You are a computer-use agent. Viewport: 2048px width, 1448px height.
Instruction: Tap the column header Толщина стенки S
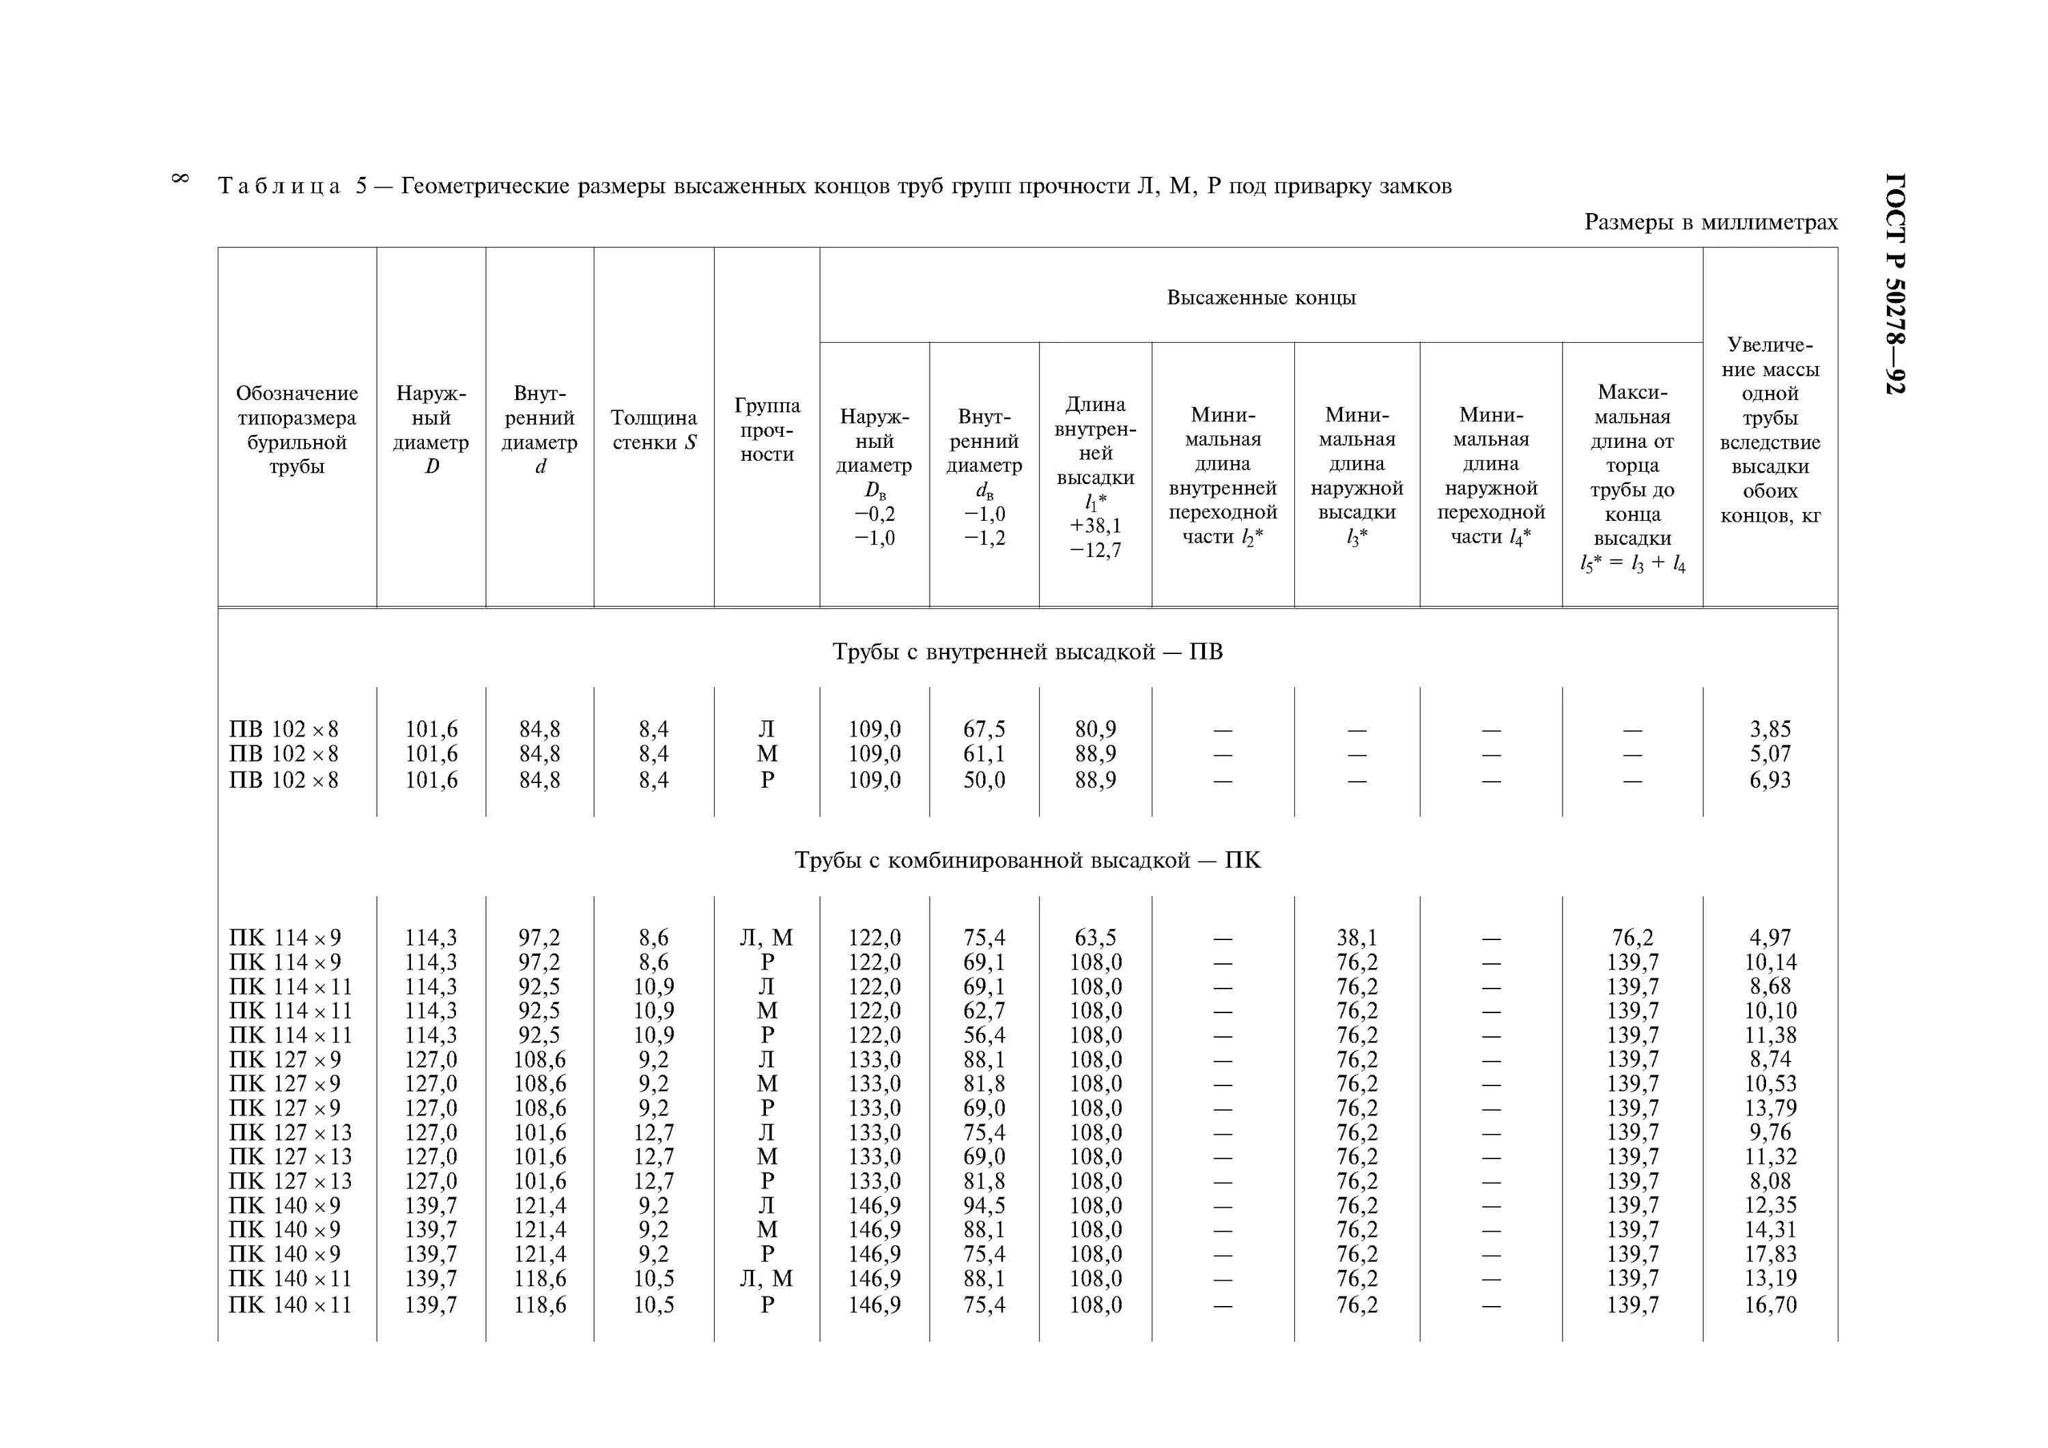coord(654,430)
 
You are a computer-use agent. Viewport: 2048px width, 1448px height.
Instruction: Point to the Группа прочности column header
coord(767,430)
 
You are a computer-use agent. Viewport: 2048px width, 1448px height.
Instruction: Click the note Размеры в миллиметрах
coord(1710,222)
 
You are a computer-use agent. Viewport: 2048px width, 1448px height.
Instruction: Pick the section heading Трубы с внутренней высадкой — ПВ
coord(1027,652)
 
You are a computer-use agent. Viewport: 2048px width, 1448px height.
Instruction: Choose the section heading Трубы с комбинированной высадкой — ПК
coord(1027,861)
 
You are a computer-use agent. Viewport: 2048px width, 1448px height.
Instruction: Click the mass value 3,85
coord(1769,729)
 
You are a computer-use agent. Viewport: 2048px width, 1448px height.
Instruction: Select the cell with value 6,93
coord(1769,780)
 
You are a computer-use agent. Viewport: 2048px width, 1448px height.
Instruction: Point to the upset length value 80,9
coord(1096,729)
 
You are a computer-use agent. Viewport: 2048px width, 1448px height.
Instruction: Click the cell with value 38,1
coord(1356,937)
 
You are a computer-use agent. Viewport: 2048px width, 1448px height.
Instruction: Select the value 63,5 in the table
coord(1096,937)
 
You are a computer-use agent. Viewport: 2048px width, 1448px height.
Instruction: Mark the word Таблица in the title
coord(279,186)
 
